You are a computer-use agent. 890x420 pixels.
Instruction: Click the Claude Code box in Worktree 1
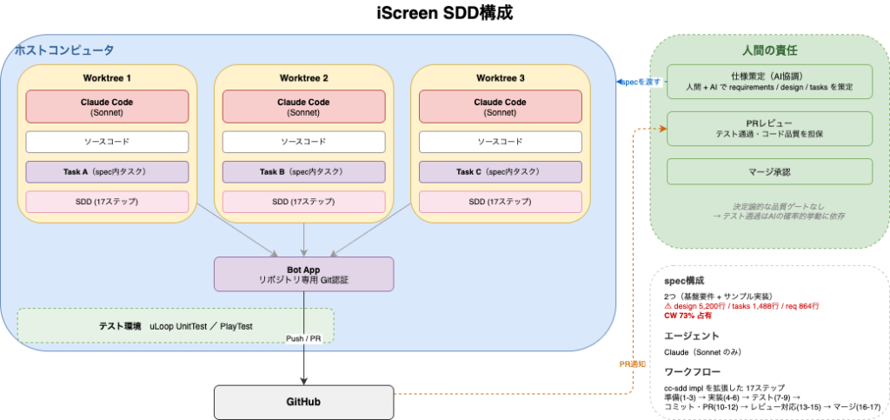(107, 107)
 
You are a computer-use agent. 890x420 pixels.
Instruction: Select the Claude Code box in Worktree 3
(500, 107)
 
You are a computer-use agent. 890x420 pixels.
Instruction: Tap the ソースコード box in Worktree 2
(303, 141)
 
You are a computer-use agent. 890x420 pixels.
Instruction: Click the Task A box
(107, 171)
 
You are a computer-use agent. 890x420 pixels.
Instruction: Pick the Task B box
(303, 171)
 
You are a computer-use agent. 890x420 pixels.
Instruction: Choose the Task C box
(500, 171)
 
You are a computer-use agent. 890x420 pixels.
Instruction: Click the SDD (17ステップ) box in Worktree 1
(107, 202)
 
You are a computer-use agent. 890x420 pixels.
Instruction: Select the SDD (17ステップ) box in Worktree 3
(500, 202)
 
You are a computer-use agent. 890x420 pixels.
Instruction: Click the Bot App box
(303, 274)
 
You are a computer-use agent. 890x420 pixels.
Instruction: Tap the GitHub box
(303, 402)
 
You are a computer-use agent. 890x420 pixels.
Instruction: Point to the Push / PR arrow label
(303, 338)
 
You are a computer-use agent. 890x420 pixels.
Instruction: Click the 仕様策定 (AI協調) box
(769, 81)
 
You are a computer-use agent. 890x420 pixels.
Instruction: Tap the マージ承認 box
(769, 171)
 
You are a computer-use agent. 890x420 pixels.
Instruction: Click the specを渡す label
(641, 82)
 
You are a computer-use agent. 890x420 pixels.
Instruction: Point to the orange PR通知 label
(632, 364)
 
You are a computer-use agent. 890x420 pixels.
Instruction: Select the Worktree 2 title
(303, 77)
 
